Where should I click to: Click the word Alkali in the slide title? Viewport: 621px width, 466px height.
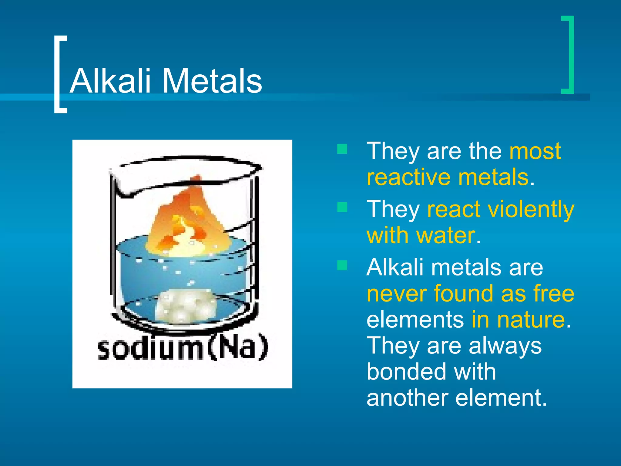[x=110, y=81]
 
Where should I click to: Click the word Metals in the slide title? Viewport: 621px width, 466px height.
[x=212, y=81]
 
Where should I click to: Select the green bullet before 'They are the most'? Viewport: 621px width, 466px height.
[x=342, y=149]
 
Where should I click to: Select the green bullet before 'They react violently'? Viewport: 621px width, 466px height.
[x=342, y=208]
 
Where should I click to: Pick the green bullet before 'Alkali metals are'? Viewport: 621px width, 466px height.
[x=342, y=265]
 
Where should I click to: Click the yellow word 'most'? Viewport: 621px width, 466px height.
[x=535, y=151]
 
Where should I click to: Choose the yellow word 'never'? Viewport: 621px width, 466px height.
[x=397, y=293]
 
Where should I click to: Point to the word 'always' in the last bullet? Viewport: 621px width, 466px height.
[x=505, y=346]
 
